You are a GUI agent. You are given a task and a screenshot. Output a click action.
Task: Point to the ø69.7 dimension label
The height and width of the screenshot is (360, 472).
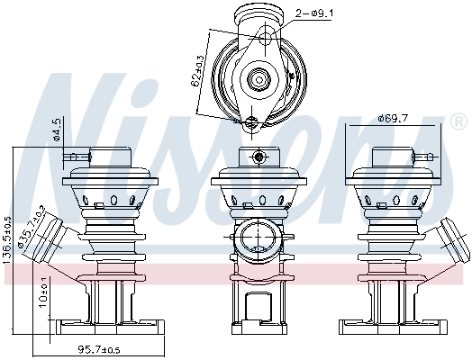point(394,118)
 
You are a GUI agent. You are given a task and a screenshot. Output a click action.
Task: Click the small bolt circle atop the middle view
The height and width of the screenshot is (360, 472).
point(259,157)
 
